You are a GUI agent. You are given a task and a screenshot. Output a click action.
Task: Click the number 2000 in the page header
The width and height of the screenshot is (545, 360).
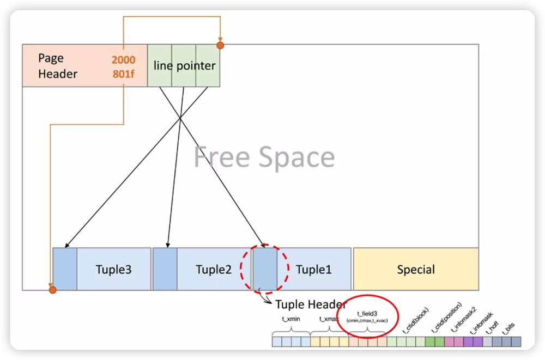coord(124,59)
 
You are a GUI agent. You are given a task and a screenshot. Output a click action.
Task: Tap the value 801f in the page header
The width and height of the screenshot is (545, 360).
coord(124,74)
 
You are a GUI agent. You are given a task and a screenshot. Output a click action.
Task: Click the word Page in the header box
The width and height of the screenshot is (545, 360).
coord(51,58)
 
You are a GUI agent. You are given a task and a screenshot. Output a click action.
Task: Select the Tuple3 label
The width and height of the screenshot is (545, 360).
coord(113,270)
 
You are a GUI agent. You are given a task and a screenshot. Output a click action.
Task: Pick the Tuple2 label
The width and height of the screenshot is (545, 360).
coord(214,270)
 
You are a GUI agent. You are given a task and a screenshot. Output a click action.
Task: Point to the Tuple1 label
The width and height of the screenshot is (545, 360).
coord(313,270)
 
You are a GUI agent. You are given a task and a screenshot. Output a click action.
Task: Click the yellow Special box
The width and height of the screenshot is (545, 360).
coord(416,270)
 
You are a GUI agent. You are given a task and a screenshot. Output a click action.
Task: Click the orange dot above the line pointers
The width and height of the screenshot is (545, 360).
coord(220,45)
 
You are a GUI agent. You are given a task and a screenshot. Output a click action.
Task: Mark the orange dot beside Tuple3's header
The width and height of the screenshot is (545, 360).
coord(52,290)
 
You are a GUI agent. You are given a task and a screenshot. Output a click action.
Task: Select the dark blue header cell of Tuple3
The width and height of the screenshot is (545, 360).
coord(65,269)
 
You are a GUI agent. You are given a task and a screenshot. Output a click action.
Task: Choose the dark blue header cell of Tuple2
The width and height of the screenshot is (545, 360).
coord(165,269)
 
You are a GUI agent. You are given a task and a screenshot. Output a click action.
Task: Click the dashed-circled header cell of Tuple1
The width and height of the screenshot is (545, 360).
coord(265,269)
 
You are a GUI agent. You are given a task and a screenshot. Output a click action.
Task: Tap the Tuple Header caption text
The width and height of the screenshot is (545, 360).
coord(311,304)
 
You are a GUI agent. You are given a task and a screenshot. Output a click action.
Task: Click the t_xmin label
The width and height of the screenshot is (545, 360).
coord(291,319)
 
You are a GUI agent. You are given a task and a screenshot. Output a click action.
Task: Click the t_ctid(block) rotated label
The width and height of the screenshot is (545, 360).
coord(415,321)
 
